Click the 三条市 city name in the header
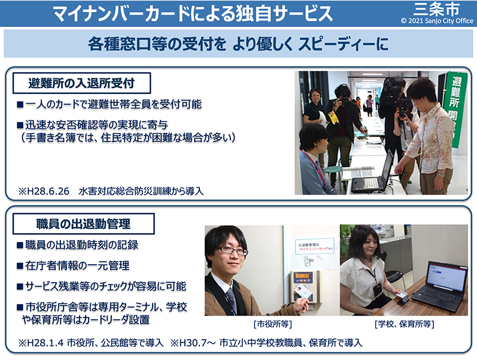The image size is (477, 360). click(x=436, y=9)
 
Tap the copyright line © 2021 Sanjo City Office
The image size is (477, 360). click(x=437, y=21)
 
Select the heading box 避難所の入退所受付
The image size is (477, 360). click(x=81, y=83)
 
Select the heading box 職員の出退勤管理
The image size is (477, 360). click(x=83, y=224)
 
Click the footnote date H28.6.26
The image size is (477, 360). click(x=48, y=191)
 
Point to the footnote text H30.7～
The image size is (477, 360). click(x=198, y=343)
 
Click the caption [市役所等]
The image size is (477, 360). click(x=272, y=323)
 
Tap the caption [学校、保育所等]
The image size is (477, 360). click(x=404, y=323)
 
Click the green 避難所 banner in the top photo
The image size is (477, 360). click(x=455, y=110)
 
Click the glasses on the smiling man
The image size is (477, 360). click(x=233, y=250)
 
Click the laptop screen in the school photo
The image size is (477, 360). click(x=446, y=279)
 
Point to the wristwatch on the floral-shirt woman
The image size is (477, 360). click(x=439, y=174)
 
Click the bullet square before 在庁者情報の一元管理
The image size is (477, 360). click(x=20, y=266)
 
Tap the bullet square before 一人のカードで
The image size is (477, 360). click(x=20, y=104)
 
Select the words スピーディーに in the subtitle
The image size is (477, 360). click(x=343, y=44)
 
